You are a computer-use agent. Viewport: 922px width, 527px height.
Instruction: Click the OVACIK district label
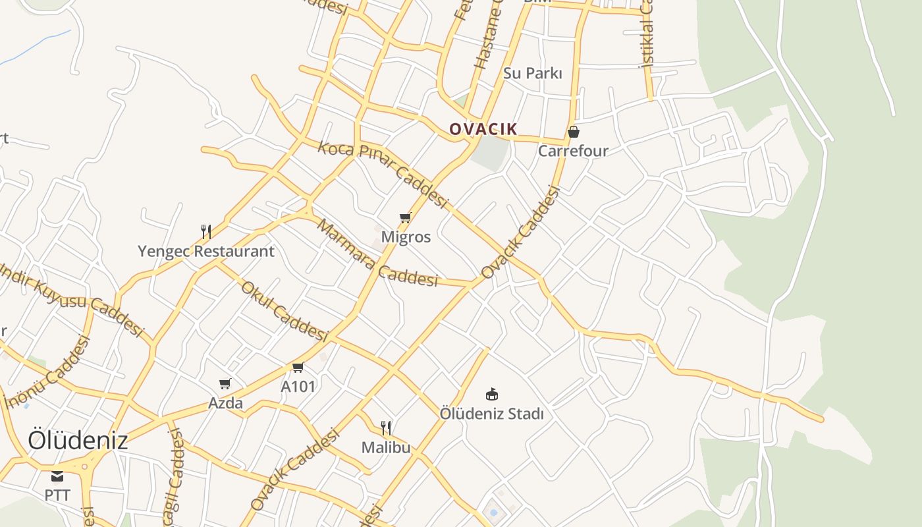[x=483, y=129]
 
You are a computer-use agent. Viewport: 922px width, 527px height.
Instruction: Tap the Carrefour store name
[x=573, y=151]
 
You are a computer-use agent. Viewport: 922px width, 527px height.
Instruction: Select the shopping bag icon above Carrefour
[x=574, y=132]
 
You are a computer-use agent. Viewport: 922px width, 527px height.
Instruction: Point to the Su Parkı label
[x=533, y=73]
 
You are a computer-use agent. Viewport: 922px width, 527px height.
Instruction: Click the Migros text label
[x=406, y=236]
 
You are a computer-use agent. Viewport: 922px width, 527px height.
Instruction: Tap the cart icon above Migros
[x=406, y=217]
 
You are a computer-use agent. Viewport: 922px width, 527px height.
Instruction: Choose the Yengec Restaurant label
[x=206, y=251]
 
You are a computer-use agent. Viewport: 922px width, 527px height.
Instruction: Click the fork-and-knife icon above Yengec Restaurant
[x=206, y=231]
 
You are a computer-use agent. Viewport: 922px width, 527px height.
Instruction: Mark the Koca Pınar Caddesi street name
[x=383, y=174]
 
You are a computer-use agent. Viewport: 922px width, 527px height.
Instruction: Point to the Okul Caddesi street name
[x=284, y=310]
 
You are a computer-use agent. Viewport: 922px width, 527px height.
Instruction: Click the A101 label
[x=298, y=387]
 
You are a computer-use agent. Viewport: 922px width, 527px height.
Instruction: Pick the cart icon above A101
[x=298, y=368]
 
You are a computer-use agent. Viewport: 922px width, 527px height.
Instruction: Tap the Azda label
[x=226, y=402]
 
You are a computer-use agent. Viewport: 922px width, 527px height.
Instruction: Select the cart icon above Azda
[x=225, y=383]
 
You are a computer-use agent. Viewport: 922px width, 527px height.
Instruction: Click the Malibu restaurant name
[x=386, y=447]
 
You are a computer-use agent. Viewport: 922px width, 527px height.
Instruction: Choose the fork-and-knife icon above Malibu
[x=386, y=428]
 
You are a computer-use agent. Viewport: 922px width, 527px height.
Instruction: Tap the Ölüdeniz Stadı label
[x=492, y=414]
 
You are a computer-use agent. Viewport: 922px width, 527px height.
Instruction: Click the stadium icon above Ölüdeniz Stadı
[x=492, y=394]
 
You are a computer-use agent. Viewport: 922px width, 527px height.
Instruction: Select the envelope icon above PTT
[x=57, y=476]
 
